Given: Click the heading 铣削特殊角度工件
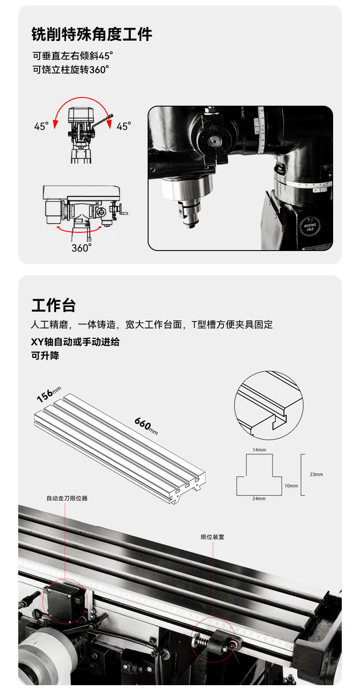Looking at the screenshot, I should [x=92, y=34].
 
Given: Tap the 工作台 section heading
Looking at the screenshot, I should [x=53, y=305].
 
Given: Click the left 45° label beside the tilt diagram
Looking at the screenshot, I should [x=41, y=126].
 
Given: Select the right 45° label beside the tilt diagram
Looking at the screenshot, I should [x=123, y=126].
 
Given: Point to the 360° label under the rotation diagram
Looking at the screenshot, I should [x=82, y=248].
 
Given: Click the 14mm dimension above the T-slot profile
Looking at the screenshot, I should [x=259, y=450].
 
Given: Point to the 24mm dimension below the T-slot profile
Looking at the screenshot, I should [x=259, y=498].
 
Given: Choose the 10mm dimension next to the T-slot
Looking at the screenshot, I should [x=291, y=486].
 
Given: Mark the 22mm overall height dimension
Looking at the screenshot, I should [x=316, y=474].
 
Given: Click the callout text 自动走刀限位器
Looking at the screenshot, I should [x=67, y=498].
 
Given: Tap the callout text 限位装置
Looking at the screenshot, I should [x=212, y=537].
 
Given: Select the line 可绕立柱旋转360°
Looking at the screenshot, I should [x=71, y=70].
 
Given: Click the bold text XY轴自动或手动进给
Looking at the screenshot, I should [x=75, y=342].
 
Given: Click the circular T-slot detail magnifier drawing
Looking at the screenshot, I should [x=268, y=405].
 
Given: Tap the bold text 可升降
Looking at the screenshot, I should [x=45, y=355].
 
